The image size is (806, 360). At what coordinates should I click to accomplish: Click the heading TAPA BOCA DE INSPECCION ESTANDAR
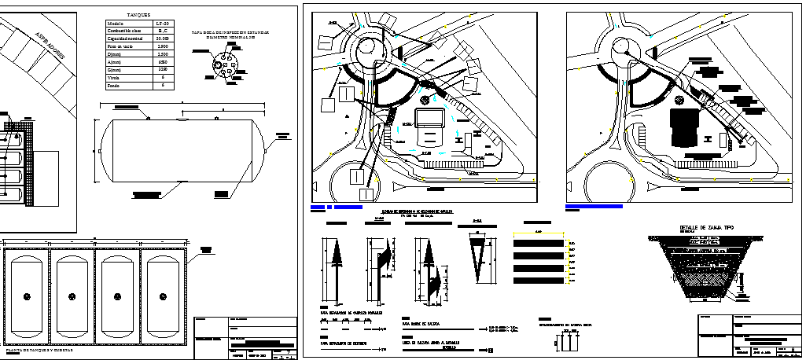(230, 33)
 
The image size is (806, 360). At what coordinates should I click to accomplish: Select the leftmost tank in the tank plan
(27, 296)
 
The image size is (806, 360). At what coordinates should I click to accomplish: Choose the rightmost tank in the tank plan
(164, 296)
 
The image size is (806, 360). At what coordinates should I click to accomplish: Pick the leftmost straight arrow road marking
(329, 267)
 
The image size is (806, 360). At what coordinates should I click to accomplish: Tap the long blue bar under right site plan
(594, 207)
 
